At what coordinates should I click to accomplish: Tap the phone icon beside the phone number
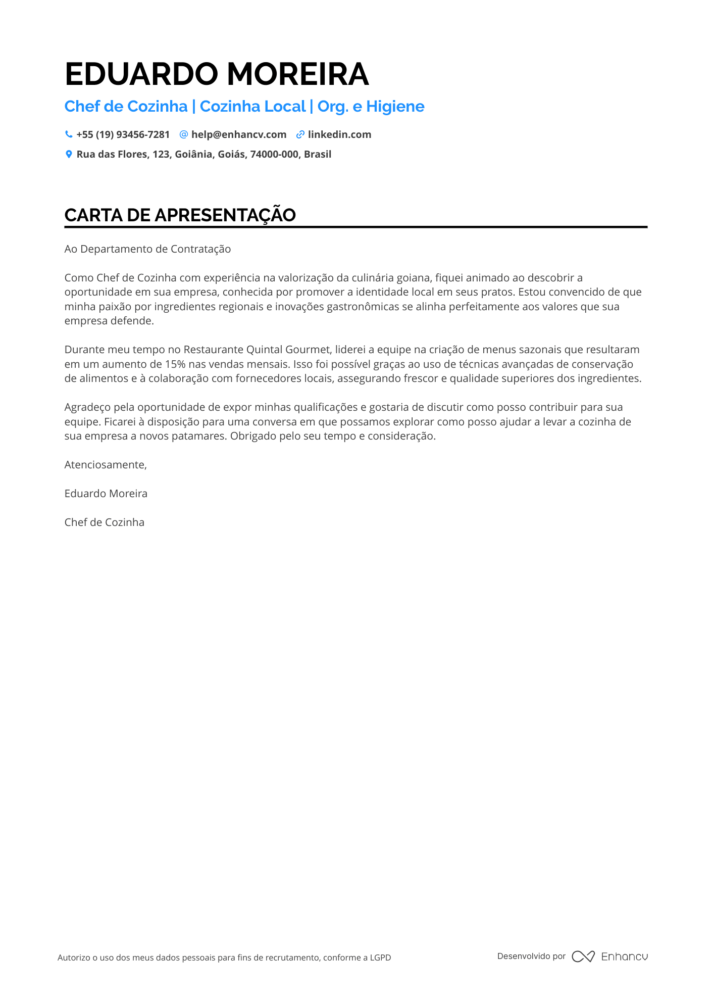[x=69, y=134]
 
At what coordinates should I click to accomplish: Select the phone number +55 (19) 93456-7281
[x=123, y=134]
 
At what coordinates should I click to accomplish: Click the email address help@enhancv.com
[x=238, y=134]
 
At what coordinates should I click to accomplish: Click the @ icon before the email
[x=184, y=134]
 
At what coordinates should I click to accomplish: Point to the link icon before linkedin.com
[x=300, y=134]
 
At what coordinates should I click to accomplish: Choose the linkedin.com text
[x=339, y=134]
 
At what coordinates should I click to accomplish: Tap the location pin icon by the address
[x=69, y=154]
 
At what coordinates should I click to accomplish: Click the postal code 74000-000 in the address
[x=274, y=154]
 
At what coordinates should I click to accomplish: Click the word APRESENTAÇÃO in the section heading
[x=225, y=215]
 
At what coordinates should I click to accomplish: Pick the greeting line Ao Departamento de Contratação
[x=147, y=249]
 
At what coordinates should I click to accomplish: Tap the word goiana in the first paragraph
[x=412, y=277]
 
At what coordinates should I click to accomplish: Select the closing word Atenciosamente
[x=105, y=465]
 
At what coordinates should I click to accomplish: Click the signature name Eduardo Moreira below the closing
[x=106, y=494]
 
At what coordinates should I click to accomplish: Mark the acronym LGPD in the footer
[x=380, y=957]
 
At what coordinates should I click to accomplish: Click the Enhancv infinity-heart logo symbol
[x=583, y=956]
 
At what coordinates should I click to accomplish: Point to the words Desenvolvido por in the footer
[x=531, y=956]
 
